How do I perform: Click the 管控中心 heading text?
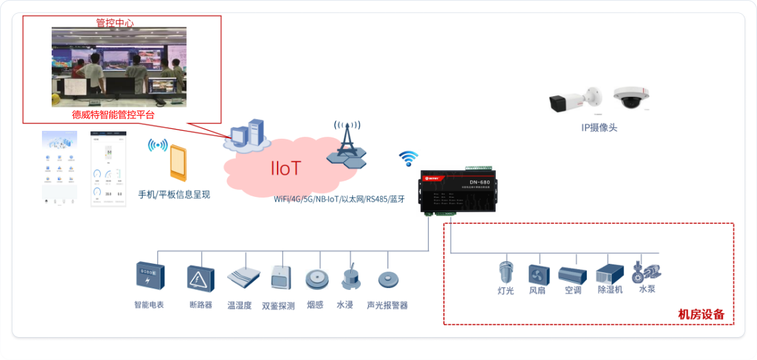click(x=115, y=22)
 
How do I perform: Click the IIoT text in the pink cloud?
click(x=286, y=168)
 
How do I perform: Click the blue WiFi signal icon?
click(x=409, y=158)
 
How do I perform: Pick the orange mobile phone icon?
click(x=177, y=164)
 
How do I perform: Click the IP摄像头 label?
click(x=599, y=128)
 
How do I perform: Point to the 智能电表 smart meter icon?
click(x=150, y=276)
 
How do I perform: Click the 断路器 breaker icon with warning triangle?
click(x=200, y=278)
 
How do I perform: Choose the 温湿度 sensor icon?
click(x=240, y=278)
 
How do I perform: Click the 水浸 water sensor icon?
click(x=349, y=278)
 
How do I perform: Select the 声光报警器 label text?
click(x=387, y=305)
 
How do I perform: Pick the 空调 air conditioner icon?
click(x=573, y=274)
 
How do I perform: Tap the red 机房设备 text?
click(x=701, y=314)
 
